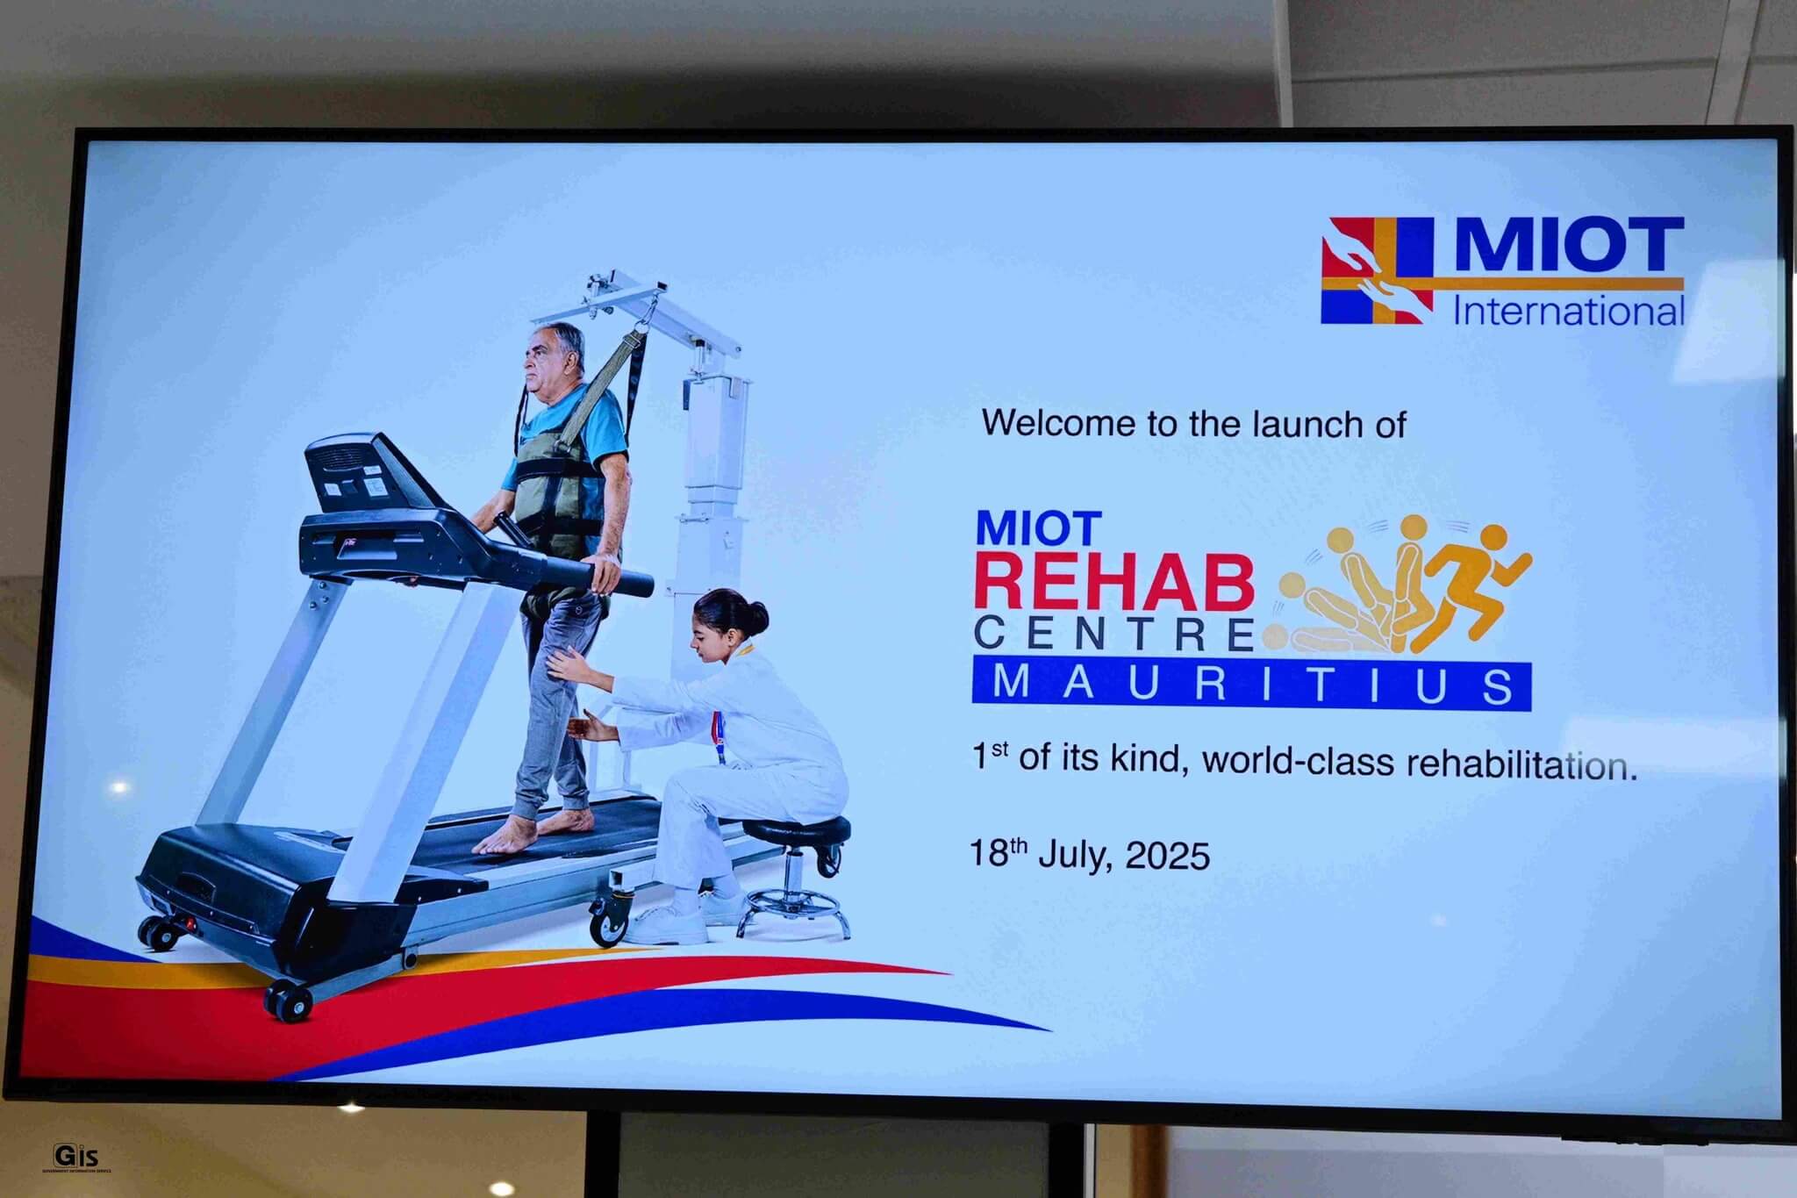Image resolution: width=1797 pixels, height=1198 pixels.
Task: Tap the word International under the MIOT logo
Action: coord(1569,312)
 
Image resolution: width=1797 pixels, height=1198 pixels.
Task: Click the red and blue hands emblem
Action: coord(1377,269)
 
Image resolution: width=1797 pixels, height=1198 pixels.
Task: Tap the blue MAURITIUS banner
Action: coord(1251,685)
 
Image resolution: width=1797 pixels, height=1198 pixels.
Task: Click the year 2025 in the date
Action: coord(1167,855)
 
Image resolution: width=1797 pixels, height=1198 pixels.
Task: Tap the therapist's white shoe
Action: coord(668,924)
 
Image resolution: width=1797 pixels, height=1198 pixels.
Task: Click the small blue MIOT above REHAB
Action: coord(1038,529)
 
